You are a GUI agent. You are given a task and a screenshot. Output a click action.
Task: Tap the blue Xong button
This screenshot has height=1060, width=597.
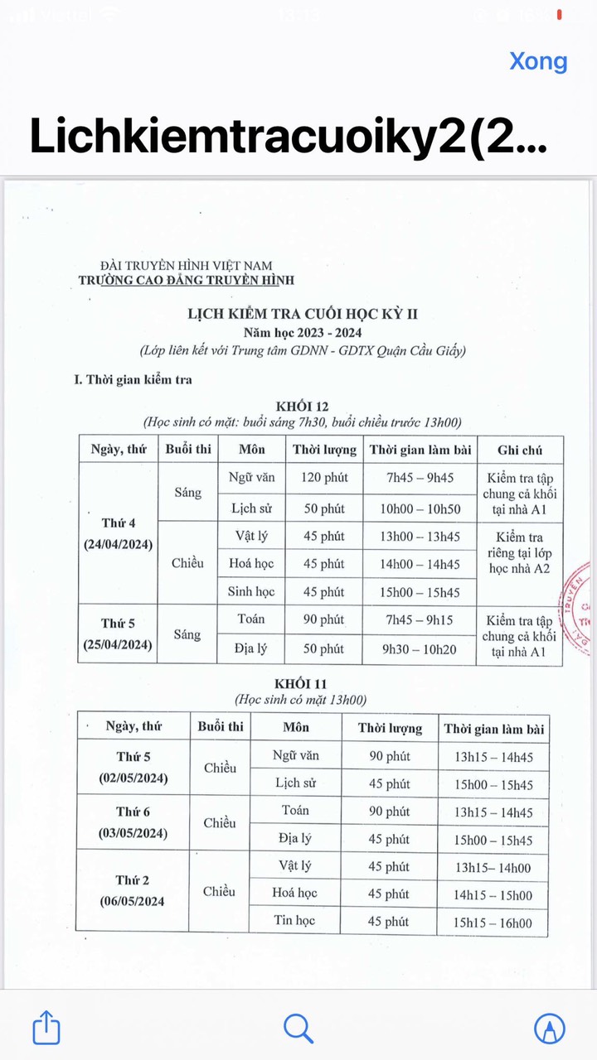tap(538, 61)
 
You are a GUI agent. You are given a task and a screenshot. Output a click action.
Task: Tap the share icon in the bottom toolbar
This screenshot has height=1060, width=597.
tap(46, 1028)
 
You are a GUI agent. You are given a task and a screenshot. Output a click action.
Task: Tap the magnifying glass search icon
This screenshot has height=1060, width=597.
tap(298, 1028)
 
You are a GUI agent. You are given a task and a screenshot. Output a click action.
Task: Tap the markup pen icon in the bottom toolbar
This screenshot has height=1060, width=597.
tap(549, 1028)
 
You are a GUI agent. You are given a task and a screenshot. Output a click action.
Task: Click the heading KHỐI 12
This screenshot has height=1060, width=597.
tap(302, 406)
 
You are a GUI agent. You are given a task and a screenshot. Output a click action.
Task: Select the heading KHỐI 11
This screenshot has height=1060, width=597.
tap(302, 684)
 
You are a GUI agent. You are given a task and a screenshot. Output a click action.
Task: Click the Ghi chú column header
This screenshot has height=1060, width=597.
tap(520, 450)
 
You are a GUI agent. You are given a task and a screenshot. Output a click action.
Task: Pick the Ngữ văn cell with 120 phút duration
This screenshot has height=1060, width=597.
tap(251, 478)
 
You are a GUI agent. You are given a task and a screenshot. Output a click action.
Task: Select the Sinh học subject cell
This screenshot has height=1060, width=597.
tap(251, 592)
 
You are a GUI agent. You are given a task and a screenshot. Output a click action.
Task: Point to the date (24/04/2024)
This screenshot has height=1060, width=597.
tap(118, 544)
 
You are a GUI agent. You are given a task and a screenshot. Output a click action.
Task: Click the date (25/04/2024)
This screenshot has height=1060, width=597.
tap(118, 644)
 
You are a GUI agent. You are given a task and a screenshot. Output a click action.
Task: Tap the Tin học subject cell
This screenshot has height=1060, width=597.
tap(294, 921)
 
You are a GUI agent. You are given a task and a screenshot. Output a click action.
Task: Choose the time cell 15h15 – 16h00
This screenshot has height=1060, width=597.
tap(493, 923)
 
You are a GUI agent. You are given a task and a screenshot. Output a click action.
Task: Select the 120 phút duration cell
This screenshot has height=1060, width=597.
tap(323, 478)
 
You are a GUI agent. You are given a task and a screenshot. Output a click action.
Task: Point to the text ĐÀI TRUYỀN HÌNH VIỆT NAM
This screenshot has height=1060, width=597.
tap(186, 266)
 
